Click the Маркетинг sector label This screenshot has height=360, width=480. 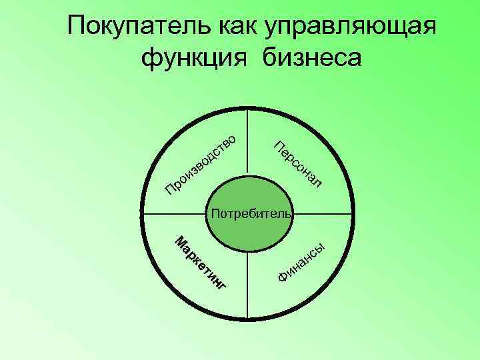point(201,264)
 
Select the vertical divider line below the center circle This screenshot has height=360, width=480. point(248,287)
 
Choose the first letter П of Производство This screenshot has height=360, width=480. point(171,192)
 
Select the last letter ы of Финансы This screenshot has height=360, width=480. point(321,247)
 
